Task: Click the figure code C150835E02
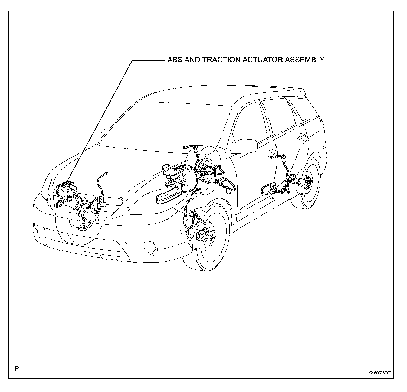(x=380, y=373)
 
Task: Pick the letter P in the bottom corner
(x=17, y=369)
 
